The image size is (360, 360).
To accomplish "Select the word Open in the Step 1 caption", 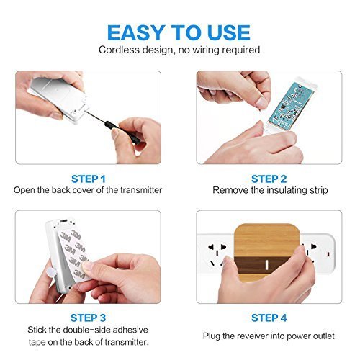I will [26, 190].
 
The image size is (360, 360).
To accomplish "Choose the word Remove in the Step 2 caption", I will [229, 190].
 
